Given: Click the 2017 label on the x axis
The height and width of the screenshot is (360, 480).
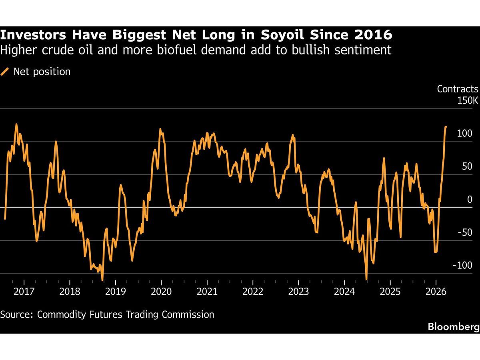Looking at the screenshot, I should coord(24,291).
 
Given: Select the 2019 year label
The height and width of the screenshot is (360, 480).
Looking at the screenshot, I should coord(116,291).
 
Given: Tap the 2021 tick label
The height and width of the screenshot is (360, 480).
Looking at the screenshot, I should coord(208,291).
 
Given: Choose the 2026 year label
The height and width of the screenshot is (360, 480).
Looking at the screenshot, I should coord(437,291).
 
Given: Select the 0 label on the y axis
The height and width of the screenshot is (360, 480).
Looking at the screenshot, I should coord(470,200).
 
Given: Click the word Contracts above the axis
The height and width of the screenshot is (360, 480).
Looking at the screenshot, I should coord(457,89).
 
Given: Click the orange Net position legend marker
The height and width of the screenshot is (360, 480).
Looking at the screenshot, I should coord(5,72).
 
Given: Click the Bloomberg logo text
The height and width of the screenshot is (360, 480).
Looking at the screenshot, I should coord(453,327).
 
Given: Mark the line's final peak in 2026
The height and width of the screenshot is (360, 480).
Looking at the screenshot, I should coord(446,127).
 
